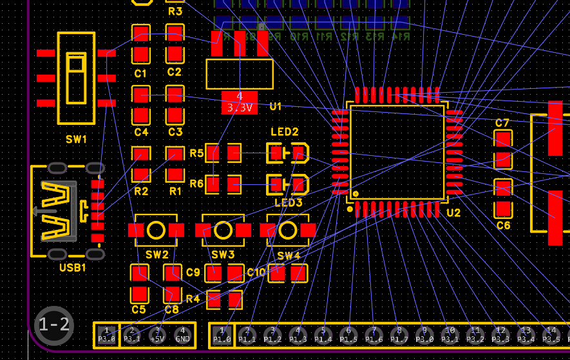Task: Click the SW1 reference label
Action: (x=75, y=139)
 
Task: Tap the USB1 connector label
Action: (x=72, y=267)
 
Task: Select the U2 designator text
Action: (x=453, y=213)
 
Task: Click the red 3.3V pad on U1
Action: (x=240, y=102)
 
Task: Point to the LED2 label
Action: (x=284, y=132)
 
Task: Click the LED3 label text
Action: (x=288, y=203)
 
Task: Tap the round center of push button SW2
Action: (x=157, y=230)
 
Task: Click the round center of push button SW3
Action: (x=223, y=230)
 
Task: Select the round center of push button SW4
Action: (x=288, y=230)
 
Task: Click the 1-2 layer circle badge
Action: (x=54, y=325)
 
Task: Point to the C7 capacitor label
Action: (x=502, y=123)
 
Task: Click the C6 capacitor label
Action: (x=503, y=225)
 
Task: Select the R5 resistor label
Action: (x=196, y=153)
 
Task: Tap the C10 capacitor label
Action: (x=256, y=272)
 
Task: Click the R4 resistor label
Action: (x=193, y=299)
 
